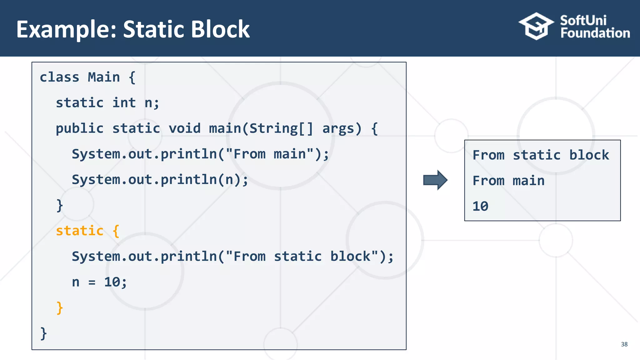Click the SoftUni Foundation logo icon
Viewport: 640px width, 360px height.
tap(536, 26)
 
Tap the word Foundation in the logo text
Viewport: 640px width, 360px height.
tap(595, 33)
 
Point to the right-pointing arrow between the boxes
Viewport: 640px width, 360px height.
tap(435, 180)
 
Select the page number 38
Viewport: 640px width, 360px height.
tap(624, 344)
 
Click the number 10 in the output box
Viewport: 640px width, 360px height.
tap(480, 206)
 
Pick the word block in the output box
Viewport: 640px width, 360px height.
tap(589, 155)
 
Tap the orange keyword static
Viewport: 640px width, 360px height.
tap(80, 231)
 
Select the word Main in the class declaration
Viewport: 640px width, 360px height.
tap(104, 77)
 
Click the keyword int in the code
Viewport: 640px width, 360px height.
tap(124, 103)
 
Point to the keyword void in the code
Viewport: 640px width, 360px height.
tap(184, 128)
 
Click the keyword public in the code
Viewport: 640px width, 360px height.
tap(80, 128)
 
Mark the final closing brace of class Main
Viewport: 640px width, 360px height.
tap(43, 333)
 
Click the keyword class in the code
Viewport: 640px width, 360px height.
tap(59, 77)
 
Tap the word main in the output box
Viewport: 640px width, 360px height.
tap(528, 181)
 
